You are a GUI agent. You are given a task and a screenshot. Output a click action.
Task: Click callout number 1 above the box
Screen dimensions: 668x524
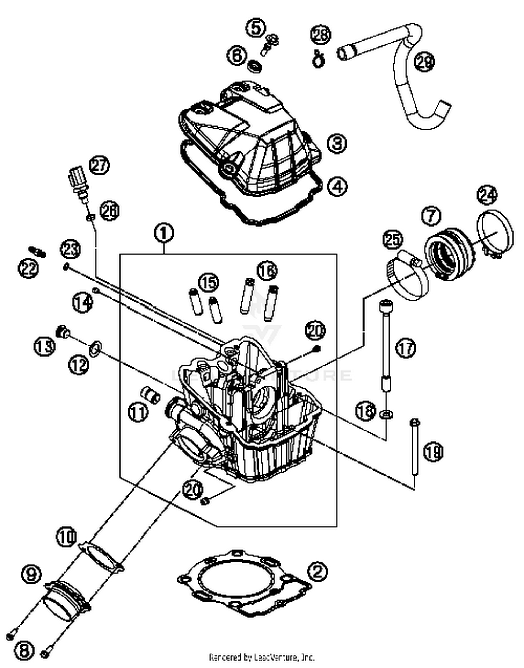(x=164, y=234)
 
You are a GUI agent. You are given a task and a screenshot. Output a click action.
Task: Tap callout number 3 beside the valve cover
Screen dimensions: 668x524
(x=337, y=144)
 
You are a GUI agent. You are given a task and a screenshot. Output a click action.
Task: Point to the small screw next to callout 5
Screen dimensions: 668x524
(x=270, y=45)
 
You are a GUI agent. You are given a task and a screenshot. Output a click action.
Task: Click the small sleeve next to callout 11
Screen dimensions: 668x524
(x=151, y=394)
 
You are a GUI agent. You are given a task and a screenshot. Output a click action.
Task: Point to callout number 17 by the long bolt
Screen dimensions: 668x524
(x=406, y=349)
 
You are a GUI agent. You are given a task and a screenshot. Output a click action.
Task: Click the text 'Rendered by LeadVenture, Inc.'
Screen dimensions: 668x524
(x=262, y=657)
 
